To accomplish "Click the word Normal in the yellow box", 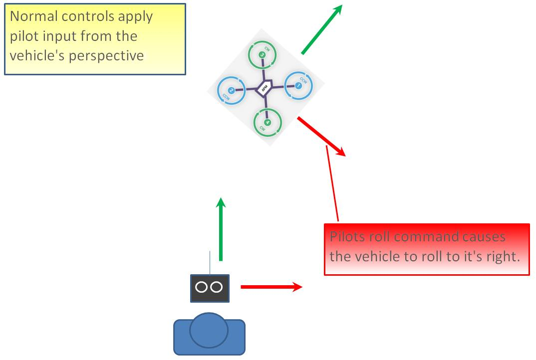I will (33, 16).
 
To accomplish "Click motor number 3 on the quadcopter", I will (263, 55).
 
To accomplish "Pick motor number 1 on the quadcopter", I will (298, 86).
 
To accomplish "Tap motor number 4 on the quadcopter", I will (268, 122).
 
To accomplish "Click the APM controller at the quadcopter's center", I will (264, 89).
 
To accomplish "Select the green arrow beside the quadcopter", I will (321, 29).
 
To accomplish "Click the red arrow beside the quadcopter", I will (321, 136).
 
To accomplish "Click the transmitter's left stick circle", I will (202, 287).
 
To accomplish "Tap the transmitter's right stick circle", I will (217, 287).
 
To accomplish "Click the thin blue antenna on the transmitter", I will (210, 263).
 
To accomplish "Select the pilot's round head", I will (209, 331).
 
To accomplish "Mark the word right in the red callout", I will (495, 257).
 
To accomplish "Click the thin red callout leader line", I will (332, 184).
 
